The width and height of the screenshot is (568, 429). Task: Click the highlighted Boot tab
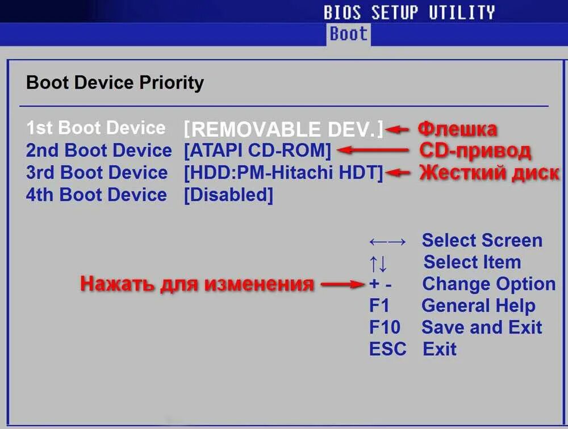tap(348, 34)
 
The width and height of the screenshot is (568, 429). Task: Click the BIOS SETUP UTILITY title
tap(409, 13)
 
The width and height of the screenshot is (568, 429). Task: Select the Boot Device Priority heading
tap(115, 83)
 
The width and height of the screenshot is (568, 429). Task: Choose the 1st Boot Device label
tap(96, 128)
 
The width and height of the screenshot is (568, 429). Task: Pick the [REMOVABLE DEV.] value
tap(283, 129)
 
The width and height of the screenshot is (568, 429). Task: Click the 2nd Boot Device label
tap(98, 151)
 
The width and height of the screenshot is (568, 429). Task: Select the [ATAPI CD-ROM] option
tap(257, 151)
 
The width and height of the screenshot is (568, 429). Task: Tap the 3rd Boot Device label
tap(97, 173)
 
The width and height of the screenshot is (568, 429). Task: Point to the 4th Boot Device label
tap(97, 195)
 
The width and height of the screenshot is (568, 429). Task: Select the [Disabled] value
tap(228, 195)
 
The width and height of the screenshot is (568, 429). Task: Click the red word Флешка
tap(457, 129)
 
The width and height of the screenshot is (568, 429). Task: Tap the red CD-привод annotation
tap(475, 151)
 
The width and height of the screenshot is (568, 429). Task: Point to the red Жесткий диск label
tap(489, 173)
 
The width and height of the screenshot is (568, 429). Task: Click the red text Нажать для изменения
tap(197, 284)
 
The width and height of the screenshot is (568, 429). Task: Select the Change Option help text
tap(488, 284)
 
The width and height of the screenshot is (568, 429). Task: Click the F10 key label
tap(385, 327)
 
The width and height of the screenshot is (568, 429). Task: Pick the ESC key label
tap(387, 349)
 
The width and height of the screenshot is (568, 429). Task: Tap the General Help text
tap(478, 306)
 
